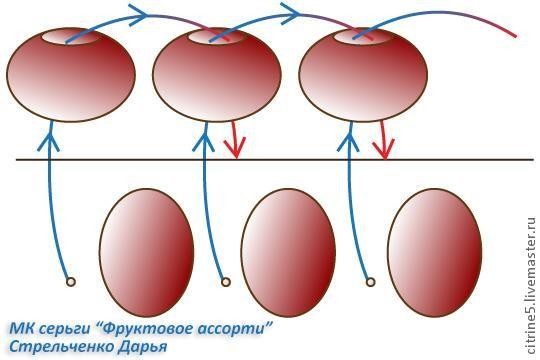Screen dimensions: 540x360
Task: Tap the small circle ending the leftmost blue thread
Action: (x=70, y=282)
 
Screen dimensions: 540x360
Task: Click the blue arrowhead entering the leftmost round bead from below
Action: (x=52, y=132)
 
